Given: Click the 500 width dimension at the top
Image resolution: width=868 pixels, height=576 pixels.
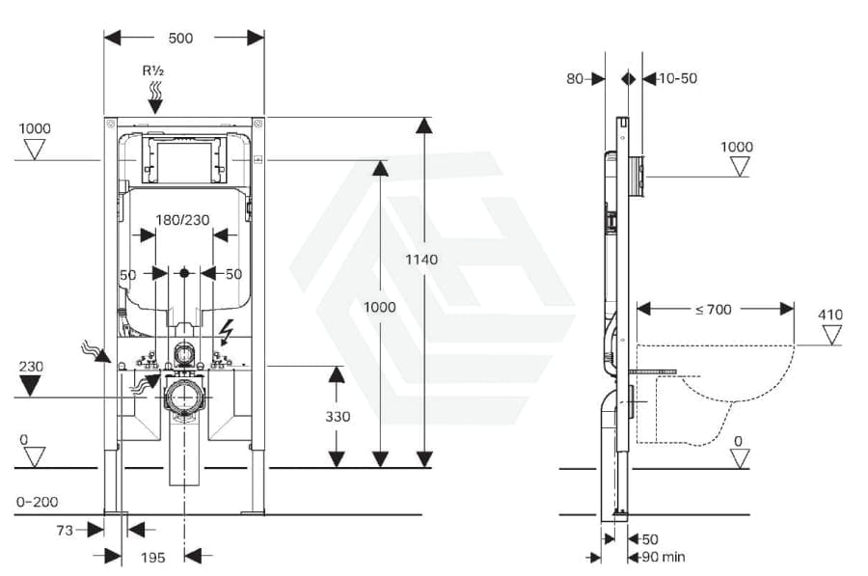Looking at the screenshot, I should point(180,38).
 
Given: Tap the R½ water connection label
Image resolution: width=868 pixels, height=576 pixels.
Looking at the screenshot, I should point(153,70).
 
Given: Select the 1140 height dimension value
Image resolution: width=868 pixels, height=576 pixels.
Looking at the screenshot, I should point(422,259).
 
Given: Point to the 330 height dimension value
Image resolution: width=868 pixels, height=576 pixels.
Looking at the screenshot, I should point(338,417).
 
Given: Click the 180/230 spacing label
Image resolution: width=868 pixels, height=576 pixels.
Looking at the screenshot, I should point(183,219).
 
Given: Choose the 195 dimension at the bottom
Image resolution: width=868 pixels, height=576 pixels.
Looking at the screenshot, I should point(153,557).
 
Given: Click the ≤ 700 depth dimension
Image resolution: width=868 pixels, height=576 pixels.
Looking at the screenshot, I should point(713,310).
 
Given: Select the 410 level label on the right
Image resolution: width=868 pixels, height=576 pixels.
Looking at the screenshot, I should point(829,315).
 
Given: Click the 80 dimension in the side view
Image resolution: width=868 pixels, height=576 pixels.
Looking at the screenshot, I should point(575,78).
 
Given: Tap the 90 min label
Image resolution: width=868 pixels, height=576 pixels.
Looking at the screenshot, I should point(665,557).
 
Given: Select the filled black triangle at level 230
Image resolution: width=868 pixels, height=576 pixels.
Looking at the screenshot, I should point(32,386).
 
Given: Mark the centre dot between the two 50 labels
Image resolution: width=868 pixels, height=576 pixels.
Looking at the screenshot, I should point(185,274).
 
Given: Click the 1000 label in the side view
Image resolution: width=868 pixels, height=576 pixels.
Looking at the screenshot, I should point(738,147).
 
